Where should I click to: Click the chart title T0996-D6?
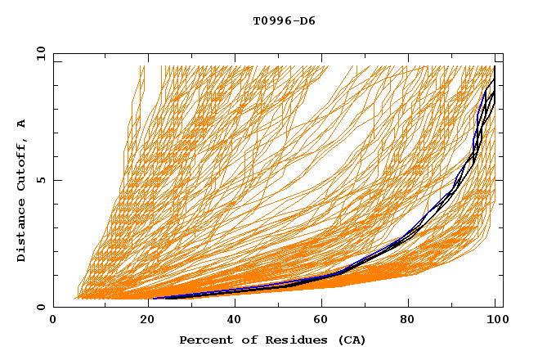point(284,21)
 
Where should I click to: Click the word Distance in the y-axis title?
point(22,232)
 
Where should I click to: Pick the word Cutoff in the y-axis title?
point(22,164)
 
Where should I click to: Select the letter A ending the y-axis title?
point(22,123)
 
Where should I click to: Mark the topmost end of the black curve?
point(495,67)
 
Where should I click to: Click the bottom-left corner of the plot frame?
point(53,308)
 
